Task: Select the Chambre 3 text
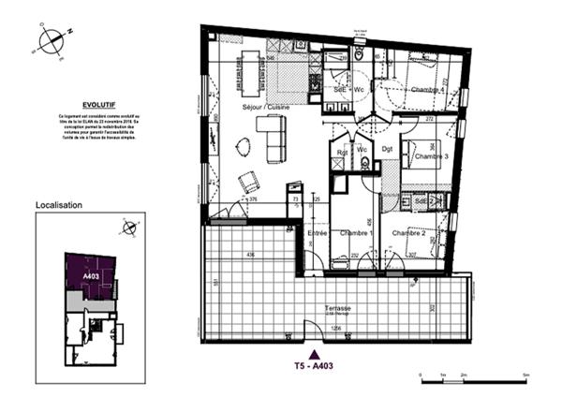431,157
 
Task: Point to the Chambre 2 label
409,232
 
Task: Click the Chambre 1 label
356,233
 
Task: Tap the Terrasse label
338,308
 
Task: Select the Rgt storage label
342,153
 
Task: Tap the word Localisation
59,204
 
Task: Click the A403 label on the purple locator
91,276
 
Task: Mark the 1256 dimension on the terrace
336,329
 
